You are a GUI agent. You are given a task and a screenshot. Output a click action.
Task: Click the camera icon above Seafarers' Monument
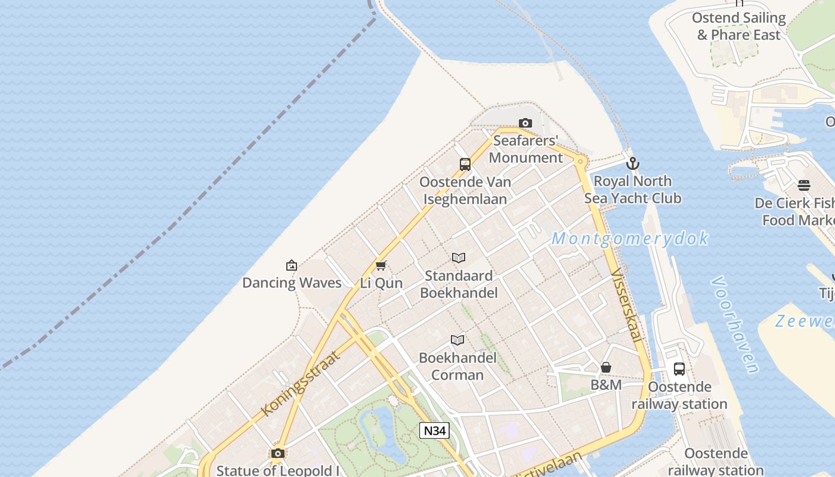point(525,123)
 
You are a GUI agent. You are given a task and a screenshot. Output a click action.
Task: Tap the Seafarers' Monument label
point(525,149)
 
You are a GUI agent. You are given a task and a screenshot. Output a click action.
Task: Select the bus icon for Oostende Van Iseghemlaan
point(465,165)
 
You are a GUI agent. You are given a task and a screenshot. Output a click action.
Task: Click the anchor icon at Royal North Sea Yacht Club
point(633,163)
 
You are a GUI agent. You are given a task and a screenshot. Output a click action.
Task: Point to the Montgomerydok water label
point(630,238)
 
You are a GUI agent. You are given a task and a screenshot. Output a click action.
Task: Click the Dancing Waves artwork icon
point(292,265)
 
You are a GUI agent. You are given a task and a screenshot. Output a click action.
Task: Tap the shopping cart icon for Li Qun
point(381,265)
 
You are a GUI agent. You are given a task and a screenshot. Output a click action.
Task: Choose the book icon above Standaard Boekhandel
point(459,258)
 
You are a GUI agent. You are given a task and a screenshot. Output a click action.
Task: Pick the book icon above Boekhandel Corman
point(457,340)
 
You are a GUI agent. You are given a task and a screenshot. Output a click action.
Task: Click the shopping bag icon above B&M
point(606,367)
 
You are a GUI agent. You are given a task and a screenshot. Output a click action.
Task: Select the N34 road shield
point(434,430)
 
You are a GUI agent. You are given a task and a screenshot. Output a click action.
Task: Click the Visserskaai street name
point(627,306)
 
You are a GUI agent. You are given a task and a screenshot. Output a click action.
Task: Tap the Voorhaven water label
point(735,324)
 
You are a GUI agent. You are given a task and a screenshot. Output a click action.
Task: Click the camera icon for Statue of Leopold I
point(277,453)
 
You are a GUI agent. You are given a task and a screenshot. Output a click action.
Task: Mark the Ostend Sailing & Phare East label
point(739,26)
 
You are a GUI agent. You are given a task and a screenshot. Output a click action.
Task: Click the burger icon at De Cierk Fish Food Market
point(804,185)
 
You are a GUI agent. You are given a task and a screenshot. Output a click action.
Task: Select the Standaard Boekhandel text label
point(459,284)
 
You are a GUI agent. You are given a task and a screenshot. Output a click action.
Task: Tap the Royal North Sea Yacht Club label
point(633,190)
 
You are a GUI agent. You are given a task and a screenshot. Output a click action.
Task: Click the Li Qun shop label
point(382,283)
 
